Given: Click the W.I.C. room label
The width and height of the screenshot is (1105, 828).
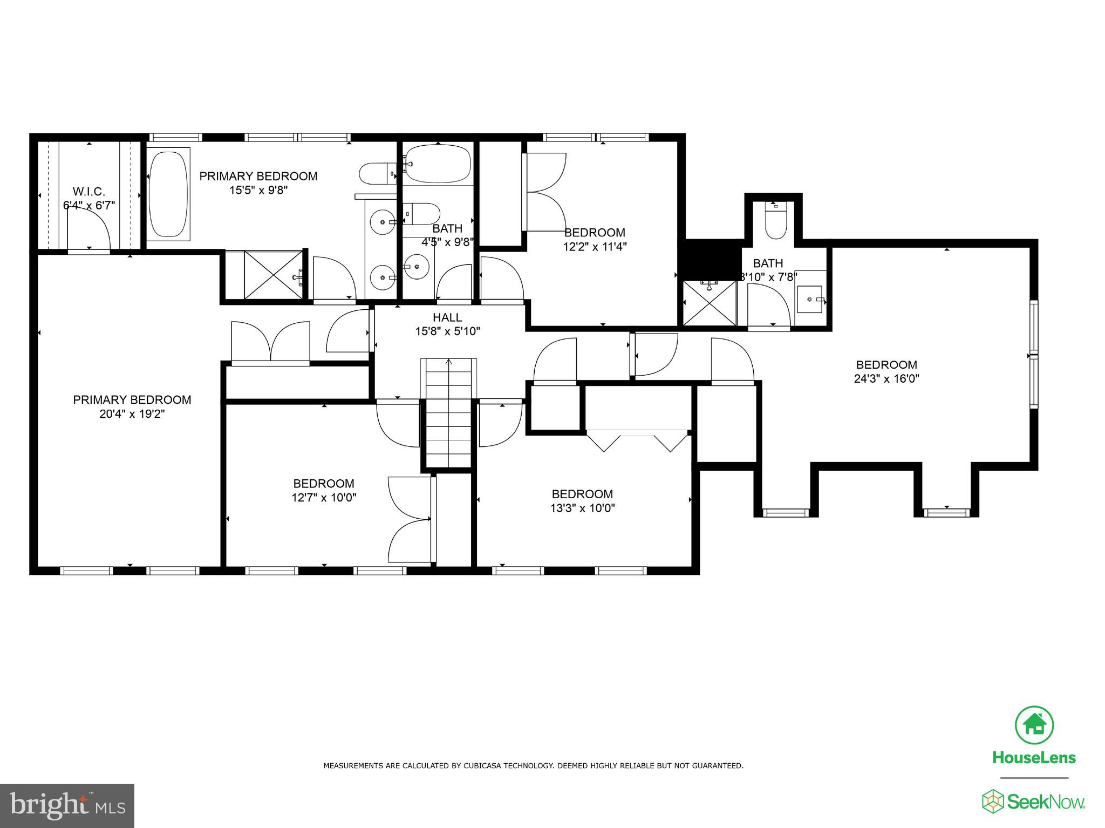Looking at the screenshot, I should tap(89, 192).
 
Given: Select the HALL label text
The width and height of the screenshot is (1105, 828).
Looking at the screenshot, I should tap(447, 317).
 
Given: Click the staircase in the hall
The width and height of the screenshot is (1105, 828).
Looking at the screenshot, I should tap(449, 413).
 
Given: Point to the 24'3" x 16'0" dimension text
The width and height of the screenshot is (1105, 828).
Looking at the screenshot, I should tap(886, 379).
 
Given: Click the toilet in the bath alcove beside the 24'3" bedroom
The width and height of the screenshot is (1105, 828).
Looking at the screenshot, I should tap(775, 221).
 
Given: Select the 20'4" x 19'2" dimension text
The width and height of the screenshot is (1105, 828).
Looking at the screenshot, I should tap(132, 414).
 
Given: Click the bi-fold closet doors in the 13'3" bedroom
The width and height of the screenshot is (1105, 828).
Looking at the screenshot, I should tap(638, 440).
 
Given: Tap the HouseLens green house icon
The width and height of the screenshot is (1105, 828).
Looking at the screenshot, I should tap(1034, 724).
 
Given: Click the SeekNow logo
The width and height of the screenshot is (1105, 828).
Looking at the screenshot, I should tap(1034, 802).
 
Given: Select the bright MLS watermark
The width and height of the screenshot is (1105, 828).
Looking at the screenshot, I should tap(67, 805).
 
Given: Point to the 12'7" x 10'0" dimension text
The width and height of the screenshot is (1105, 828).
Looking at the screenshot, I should tap(324, 498).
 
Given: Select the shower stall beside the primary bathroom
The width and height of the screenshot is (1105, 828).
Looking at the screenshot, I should tap(273, 275).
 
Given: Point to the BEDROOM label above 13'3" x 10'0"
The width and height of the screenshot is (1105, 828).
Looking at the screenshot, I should tap(582, 494).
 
